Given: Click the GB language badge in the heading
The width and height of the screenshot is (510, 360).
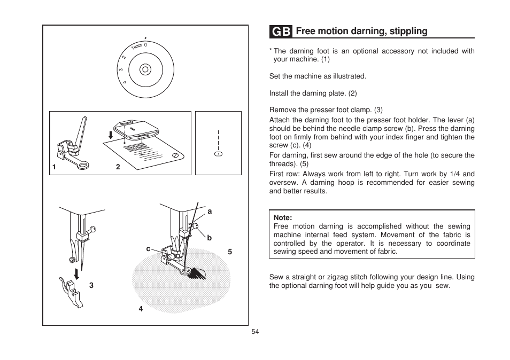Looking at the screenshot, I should pyautogui.click(x=281, y=32).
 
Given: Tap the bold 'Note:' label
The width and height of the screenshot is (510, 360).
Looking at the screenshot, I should pyautogui.click(x=283, y=218).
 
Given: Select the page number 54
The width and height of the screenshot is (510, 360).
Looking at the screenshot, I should pyautogui.click(x=255, y=332).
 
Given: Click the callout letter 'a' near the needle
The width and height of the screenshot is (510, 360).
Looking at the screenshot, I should pyautogui.click(x=210, y=212).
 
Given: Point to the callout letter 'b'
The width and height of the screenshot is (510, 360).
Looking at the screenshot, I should pyautogui.click(x=210, y=238).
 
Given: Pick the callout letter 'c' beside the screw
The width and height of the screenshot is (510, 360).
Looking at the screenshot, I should pyautogui.click(x=149, y=248).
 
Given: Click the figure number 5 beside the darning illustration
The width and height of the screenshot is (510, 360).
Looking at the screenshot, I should pyautogui.click(x=230, y=251).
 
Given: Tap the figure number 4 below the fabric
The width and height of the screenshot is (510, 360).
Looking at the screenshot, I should pyautogui.click(x=141, y=308).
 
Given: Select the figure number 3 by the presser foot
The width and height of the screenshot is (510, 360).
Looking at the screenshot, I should pyautogui.click(x=91, y=285).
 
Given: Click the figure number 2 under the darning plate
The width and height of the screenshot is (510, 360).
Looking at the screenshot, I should pyautogui.click(x=118, y=167).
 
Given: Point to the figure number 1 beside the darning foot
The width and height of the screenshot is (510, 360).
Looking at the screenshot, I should pyautogui.click(x=54, y=167).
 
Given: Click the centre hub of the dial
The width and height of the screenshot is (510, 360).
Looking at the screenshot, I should pyautogui.click(x=144, y=69).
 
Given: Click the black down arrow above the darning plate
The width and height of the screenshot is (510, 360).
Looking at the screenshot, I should pyautogui.click(x=111, y=135).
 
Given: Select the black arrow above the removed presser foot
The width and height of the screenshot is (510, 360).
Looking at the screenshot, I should pyautogui.click(x=78, y=274).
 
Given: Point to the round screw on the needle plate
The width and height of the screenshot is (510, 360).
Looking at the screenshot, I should pyautogui.click(x=175, y=154).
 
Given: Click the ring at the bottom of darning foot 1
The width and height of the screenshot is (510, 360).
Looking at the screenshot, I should pyautogui.click(x=84, y=167).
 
